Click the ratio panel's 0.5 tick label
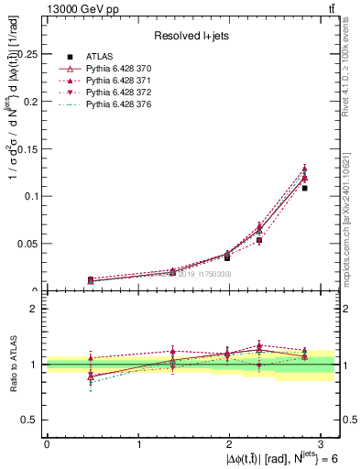pos(29,420)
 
